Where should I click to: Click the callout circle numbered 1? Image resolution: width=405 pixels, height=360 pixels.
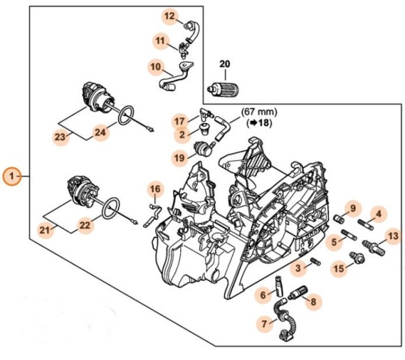tap(12, 176)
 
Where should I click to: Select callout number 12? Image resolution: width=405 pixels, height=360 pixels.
tap(171, 15)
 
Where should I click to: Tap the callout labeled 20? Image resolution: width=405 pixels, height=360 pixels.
tap(224, 65)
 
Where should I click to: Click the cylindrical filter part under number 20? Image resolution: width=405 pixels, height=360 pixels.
tap(226, 89)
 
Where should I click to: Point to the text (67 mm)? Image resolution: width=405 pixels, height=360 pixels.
tap(258, 110)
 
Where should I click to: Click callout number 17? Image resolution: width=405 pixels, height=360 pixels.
tap(180, 120)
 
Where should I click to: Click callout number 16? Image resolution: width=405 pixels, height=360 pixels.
tap(156, 189)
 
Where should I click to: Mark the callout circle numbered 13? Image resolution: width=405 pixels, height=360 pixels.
tap(393, 236)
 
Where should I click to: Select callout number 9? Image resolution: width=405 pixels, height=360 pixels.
tap(353, 209)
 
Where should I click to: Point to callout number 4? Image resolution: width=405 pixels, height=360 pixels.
tap(377, 213)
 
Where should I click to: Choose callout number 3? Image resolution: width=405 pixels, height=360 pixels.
tap(297, 267)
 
